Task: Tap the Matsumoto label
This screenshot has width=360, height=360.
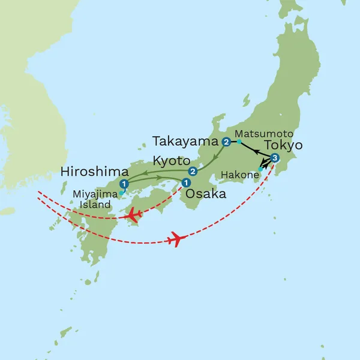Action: tap(259, 133)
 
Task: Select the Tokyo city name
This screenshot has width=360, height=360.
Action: tap(283, 146)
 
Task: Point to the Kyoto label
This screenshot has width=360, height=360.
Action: tap(170, 161)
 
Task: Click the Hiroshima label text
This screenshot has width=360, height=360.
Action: tap(95, 172)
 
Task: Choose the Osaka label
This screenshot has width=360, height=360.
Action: tap(206, 194)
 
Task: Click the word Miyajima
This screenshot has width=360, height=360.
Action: tap(91, 194)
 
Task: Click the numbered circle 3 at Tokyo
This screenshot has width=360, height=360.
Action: tap(275, 158)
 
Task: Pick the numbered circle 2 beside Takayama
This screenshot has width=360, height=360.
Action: tap(226, 142)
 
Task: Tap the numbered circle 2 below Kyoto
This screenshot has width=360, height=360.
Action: tap(193, 171)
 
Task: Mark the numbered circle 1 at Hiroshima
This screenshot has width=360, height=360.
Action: tap(124, 184)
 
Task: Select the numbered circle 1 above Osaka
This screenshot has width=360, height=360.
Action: tap(186, 182)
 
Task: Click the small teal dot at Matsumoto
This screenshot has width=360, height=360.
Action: tap(239, 142)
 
